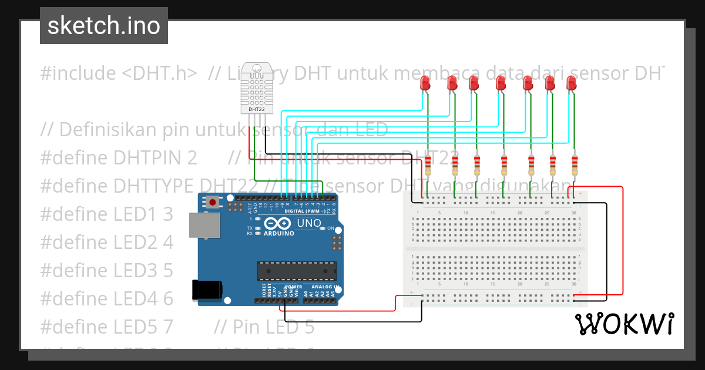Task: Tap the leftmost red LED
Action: tap(426, 83)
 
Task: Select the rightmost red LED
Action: tap(571, 83)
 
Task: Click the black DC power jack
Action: tap(207, 290)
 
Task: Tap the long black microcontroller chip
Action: tap(297, 271)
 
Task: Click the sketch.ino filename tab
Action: tap(104, 26)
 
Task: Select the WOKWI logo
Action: tap(624, 324)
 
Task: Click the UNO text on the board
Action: tap(309, 224)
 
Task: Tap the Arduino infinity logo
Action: tap(278, 224)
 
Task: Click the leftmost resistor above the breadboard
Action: tap(428, 166)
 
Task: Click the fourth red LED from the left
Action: tap(500, 83)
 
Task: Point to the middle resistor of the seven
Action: tap(504, 166)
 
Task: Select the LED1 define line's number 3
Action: tap(168, 214)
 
